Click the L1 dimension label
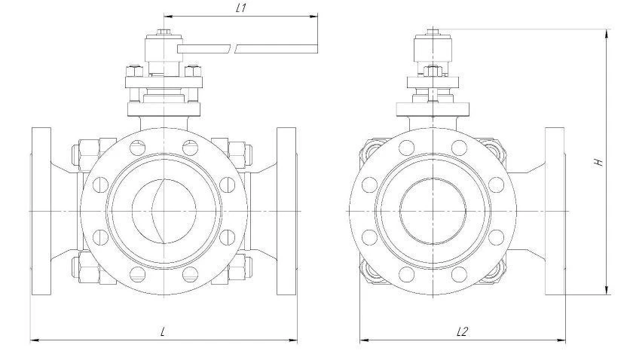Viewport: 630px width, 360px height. [240, 8]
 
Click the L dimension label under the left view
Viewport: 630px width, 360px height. [163, 331]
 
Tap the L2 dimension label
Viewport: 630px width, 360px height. [463, 331]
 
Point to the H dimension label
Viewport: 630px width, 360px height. [599, 162]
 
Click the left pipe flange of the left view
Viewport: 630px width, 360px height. [41, 212]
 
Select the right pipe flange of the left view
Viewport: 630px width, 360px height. [286, 212]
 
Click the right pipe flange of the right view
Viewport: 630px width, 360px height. [555, 212]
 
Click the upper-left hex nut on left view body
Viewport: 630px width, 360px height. [85, 154]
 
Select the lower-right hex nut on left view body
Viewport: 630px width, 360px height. [240, 268]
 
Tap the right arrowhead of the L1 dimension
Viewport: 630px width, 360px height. [313, 17]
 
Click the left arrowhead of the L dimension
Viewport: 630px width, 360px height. [35, 340]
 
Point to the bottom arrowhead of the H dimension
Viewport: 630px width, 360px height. [607, 291]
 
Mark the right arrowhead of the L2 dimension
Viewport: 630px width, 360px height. [561, 340]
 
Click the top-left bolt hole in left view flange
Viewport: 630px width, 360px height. [137, 148]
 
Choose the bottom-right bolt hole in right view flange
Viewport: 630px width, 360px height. [459, 274]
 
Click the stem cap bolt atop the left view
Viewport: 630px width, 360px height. [164, 32]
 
